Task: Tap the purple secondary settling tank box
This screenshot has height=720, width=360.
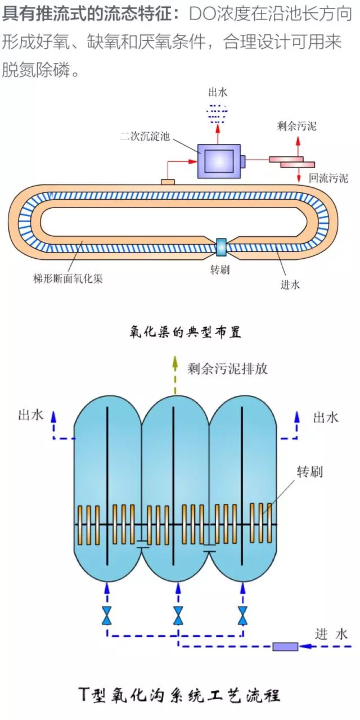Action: pyautogui.click(x=219, y=161)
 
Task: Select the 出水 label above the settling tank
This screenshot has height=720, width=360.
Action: pyautogui.click(x=218, y=92)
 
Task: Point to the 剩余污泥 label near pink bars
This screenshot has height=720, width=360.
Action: pyautogui.click(x=297, y=126)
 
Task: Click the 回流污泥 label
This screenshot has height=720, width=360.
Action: pyautogui.click(x=328, y=178)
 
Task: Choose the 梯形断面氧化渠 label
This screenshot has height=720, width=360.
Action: pyautogui.click(x=69, y=278)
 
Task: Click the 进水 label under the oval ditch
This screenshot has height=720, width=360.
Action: pyautogui.click(x=290, y=285)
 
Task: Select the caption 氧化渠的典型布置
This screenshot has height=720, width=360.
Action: pyautogui.click(x=185, y=332)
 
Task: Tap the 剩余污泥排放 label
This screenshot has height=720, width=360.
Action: pyautogui.click(x=227, y=368)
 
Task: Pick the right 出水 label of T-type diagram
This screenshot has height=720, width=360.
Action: pyautogui.click(x=326, y=417)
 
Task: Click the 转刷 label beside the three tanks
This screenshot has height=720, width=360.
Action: pyautogui.click(x=310, y=471)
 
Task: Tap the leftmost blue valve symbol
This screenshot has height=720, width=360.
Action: pyautogui.click(x=106, y=615)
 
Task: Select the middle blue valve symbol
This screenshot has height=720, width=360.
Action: pyautogui.click(x=178, y=615)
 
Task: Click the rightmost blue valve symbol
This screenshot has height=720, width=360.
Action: pyautogui.click(x=243, y=615)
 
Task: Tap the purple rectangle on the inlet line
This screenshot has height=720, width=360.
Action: pyautogui.click(x=285, y=646)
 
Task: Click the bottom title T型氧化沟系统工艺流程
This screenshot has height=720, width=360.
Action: pyautogui.click(x=179, y=695)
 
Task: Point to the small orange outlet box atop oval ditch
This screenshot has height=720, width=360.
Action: pyautogui.click(x=168, y=182)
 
